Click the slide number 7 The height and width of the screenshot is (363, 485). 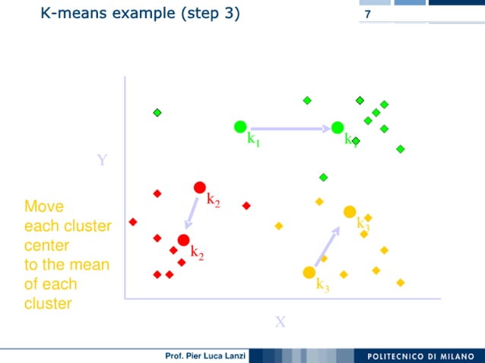tap(368, 15)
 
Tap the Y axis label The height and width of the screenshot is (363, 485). tap(102, 160)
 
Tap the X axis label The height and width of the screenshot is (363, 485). tap(280, 322)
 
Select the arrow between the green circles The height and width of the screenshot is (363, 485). tap(289, 128)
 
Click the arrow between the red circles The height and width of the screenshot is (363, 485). tap(192, 214)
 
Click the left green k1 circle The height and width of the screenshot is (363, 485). tap(240, 127)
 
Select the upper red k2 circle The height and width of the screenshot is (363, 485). tap(200, 187)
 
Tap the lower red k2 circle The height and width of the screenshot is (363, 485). tap(183, 241)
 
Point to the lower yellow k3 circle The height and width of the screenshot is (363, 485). tap(309, 273)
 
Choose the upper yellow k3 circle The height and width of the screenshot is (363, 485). tap(350, 212)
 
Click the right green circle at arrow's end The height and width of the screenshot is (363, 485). tap(338, 128)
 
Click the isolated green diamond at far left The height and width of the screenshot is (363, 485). tap(157, 112)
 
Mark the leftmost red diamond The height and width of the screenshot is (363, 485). tap(133, 222)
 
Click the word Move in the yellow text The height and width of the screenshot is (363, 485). tap(44, 207)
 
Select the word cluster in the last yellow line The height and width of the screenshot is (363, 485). tap(48, 304)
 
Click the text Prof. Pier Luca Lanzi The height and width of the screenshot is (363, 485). tap(203, 356)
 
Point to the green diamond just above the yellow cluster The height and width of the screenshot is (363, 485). tap(323, 178)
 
